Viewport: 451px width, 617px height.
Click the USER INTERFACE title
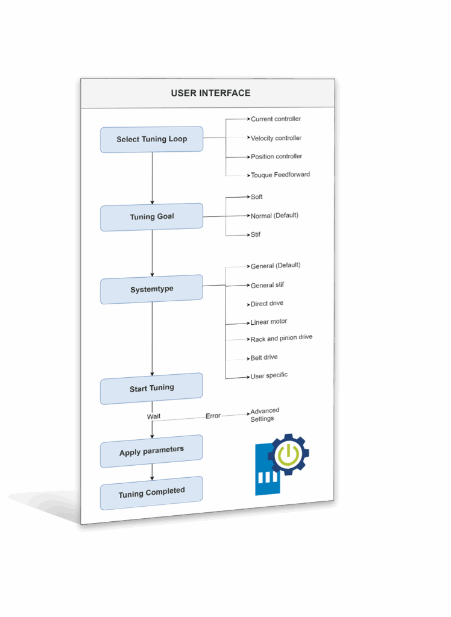pyautogui.click(x=210, y=93)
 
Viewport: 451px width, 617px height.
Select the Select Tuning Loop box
pyautogui.click(x=151, y=139)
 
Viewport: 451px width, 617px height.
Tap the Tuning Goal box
pyautogui.click(x=151, y=217)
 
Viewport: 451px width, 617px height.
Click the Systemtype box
pyautogui.click(x=151, y=289)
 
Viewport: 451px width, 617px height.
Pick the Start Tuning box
pyautogui.click(x=151, y=389)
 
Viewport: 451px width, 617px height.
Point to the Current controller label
pyautogui.click(x=276, y=119)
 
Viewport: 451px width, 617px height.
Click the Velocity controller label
pyautogui.click(x=276, y=138)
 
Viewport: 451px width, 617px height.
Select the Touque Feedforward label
pyautogui.click(x=280, y=175)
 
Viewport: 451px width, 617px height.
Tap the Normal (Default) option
pyautogui.click(x=274, y=215)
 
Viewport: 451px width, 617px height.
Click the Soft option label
pyautogui.click(x=257, y=197)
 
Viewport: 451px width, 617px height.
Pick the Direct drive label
pyautogui.click(x=267, y=304)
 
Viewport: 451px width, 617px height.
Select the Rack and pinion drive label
pyautogui.click(x=282, y=338)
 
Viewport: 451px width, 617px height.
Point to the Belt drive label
pyautogui.click(x=264, y=357)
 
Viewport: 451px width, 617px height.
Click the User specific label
pyautogui.click(x=269, y=375)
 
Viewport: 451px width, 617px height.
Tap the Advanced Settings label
pyautogui.click(x=265, y=415)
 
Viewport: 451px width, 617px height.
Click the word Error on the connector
pyautogui.click(x=213, y=416)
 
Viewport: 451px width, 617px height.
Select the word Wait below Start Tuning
pyautogui.click(x=154, y=416)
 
